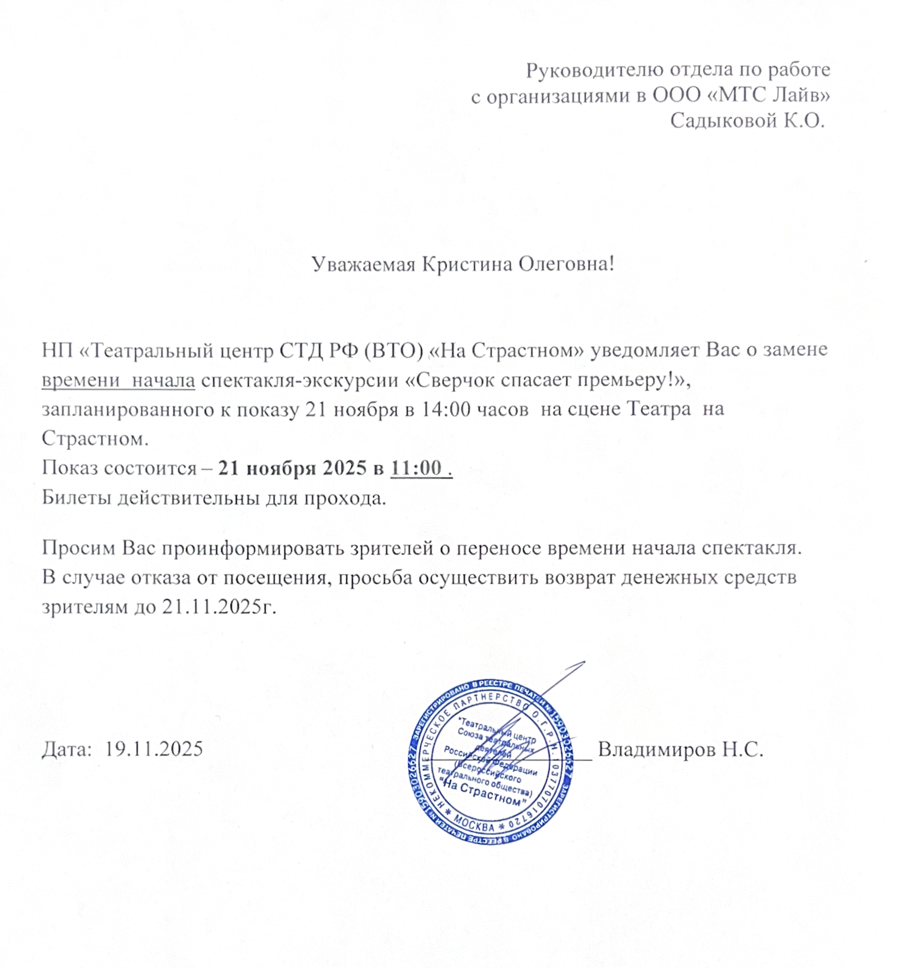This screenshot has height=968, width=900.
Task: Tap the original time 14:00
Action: (446, 409)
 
